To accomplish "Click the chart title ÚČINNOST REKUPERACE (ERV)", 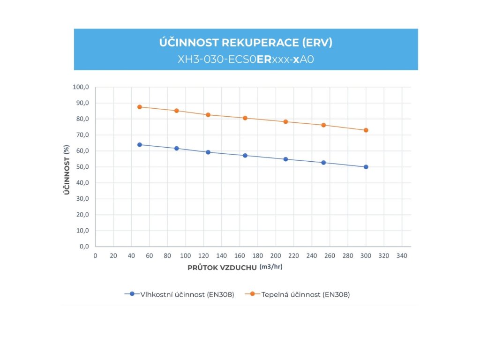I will [x=246, y=43].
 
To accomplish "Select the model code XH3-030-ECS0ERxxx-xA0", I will [x=246, y=60].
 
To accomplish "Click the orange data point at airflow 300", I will [x=366, y=130].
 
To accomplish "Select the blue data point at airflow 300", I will [x=366, y=167].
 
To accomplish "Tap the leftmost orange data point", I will [x=140, y=107].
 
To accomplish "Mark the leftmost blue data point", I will [x=140, y=144].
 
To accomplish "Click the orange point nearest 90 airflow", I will [x=177, y=111].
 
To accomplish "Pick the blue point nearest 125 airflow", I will [x=208, y=152].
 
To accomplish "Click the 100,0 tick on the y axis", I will [x=81, y=87].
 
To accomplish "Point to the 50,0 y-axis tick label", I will [x=82, y=167].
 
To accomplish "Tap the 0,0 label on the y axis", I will [x=84, y=247].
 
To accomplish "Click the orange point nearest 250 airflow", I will [x=323, y=125].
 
